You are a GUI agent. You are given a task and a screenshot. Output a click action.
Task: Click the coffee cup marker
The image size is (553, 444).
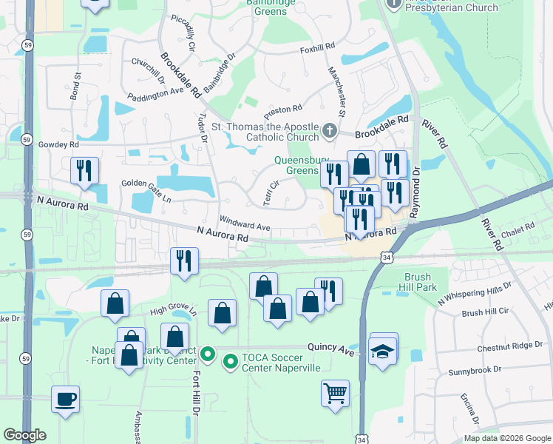point(65,399)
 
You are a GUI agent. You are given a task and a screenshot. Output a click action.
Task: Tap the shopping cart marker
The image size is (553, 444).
point(335,392)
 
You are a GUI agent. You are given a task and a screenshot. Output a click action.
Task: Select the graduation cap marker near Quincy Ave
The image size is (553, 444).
point(382,350)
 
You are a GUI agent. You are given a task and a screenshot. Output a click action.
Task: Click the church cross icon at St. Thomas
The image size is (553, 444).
point(329,132)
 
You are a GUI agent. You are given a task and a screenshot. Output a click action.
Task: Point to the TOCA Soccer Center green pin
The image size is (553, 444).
point(230,362)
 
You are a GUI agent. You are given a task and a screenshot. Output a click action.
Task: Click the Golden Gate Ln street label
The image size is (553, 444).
point(146,192)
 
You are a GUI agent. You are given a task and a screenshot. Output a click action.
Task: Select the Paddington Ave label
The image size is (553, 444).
point(155,92)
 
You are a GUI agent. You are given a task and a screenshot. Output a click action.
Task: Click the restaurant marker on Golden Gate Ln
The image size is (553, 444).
point(84,170)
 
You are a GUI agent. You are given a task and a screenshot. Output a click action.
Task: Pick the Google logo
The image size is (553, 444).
point(24,435)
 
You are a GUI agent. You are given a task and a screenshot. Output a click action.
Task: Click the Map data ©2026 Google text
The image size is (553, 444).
point(508,438)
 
